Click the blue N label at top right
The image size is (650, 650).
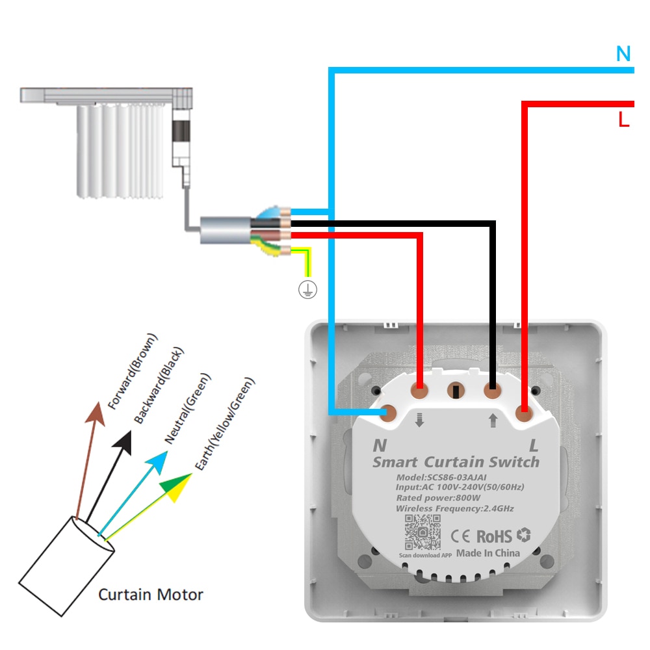click(x=623, y=55)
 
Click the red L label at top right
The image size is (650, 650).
click(x=623, y=120)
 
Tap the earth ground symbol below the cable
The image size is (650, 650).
click(x=307, y=291)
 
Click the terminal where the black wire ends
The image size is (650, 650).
click(x=492, y=391)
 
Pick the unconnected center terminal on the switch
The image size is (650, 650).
click(x=456, y=391)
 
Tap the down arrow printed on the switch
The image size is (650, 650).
click(x=419, y=421)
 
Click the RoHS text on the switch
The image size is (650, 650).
click(x=495, y=536)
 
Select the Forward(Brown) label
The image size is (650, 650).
click(x=133, y=372)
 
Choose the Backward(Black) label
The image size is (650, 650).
click(x=159, y=386)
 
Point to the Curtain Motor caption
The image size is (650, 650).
click(x=150, y=594)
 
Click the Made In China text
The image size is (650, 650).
click(x=488, y=553)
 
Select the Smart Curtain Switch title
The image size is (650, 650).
click(x=456, y=462)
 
